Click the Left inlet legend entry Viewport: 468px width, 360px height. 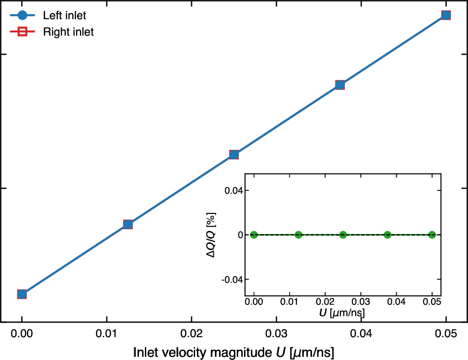tap(48, 15)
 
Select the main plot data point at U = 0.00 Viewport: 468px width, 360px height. tap(22, 294)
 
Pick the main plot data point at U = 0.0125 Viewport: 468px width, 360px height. tap(128, 224)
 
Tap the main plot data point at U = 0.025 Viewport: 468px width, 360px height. tap(234, 154)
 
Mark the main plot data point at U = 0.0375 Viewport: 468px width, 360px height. tap(340, 85)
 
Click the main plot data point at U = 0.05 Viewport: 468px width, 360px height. tap(446, 15)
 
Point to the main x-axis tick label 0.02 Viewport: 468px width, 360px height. tap(191, 334)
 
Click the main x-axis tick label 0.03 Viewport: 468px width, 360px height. tap(277, 334)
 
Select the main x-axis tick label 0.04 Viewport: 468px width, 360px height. tap(361, 334)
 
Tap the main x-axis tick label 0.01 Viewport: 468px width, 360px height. tap(106, 334)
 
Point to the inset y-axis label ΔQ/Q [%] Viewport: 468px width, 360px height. tap(211, 235)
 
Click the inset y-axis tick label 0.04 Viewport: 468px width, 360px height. tap(234, 191)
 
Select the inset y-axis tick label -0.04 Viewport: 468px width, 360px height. tap(232, 280)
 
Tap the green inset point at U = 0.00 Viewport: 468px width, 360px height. tap(254, 235)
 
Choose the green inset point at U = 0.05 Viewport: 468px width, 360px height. tap(432, 235)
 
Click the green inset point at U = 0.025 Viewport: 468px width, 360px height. tap(343, 235)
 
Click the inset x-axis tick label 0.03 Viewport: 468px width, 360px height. tap(361, 302)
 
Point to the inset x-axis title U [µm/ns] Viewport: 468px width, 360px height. tap(342, 312)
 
